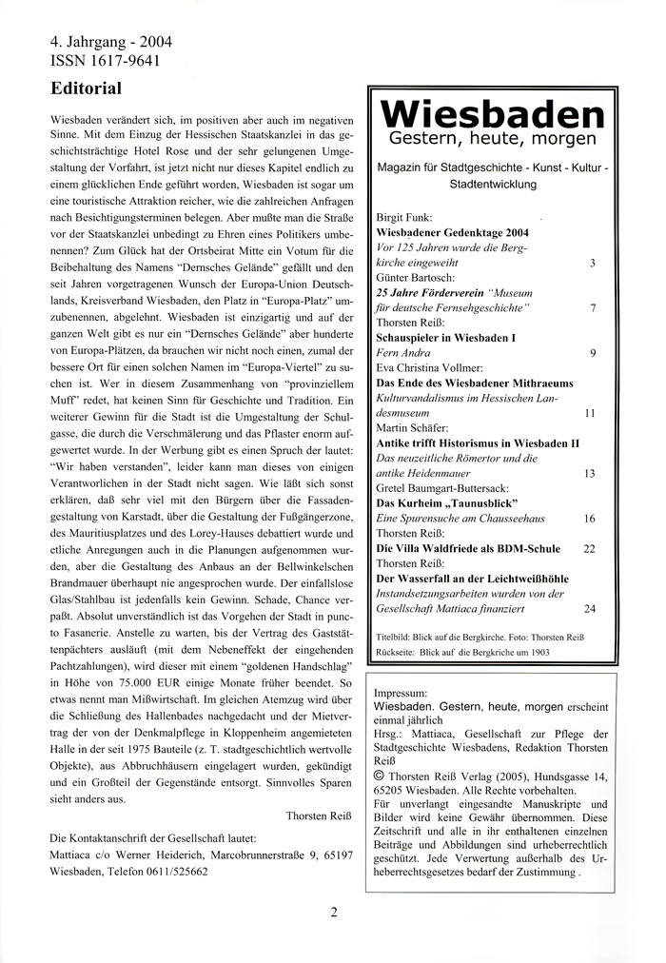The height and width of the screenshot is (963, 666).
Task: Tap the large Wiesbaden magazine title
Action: coord(492,116)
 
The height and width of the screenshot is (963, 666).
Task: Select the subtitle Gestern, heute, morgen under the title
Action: coord(492,141)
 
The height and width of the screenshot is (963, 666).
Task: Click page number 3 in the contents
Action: coord(593,263)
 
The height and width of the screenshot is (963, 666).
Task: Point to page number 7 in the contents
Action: coord(593,308)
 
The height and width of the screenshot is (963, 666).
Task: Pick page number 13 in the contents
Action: coord(589,473)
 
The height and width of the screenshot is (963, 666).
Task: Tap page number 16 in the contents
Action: coord(589,519)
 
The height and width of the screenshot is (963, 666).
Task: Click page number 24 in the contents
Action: coord(589,608)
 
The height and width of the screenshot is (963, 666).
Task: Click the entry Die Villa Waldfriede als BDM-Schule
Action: coord(468,549)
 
